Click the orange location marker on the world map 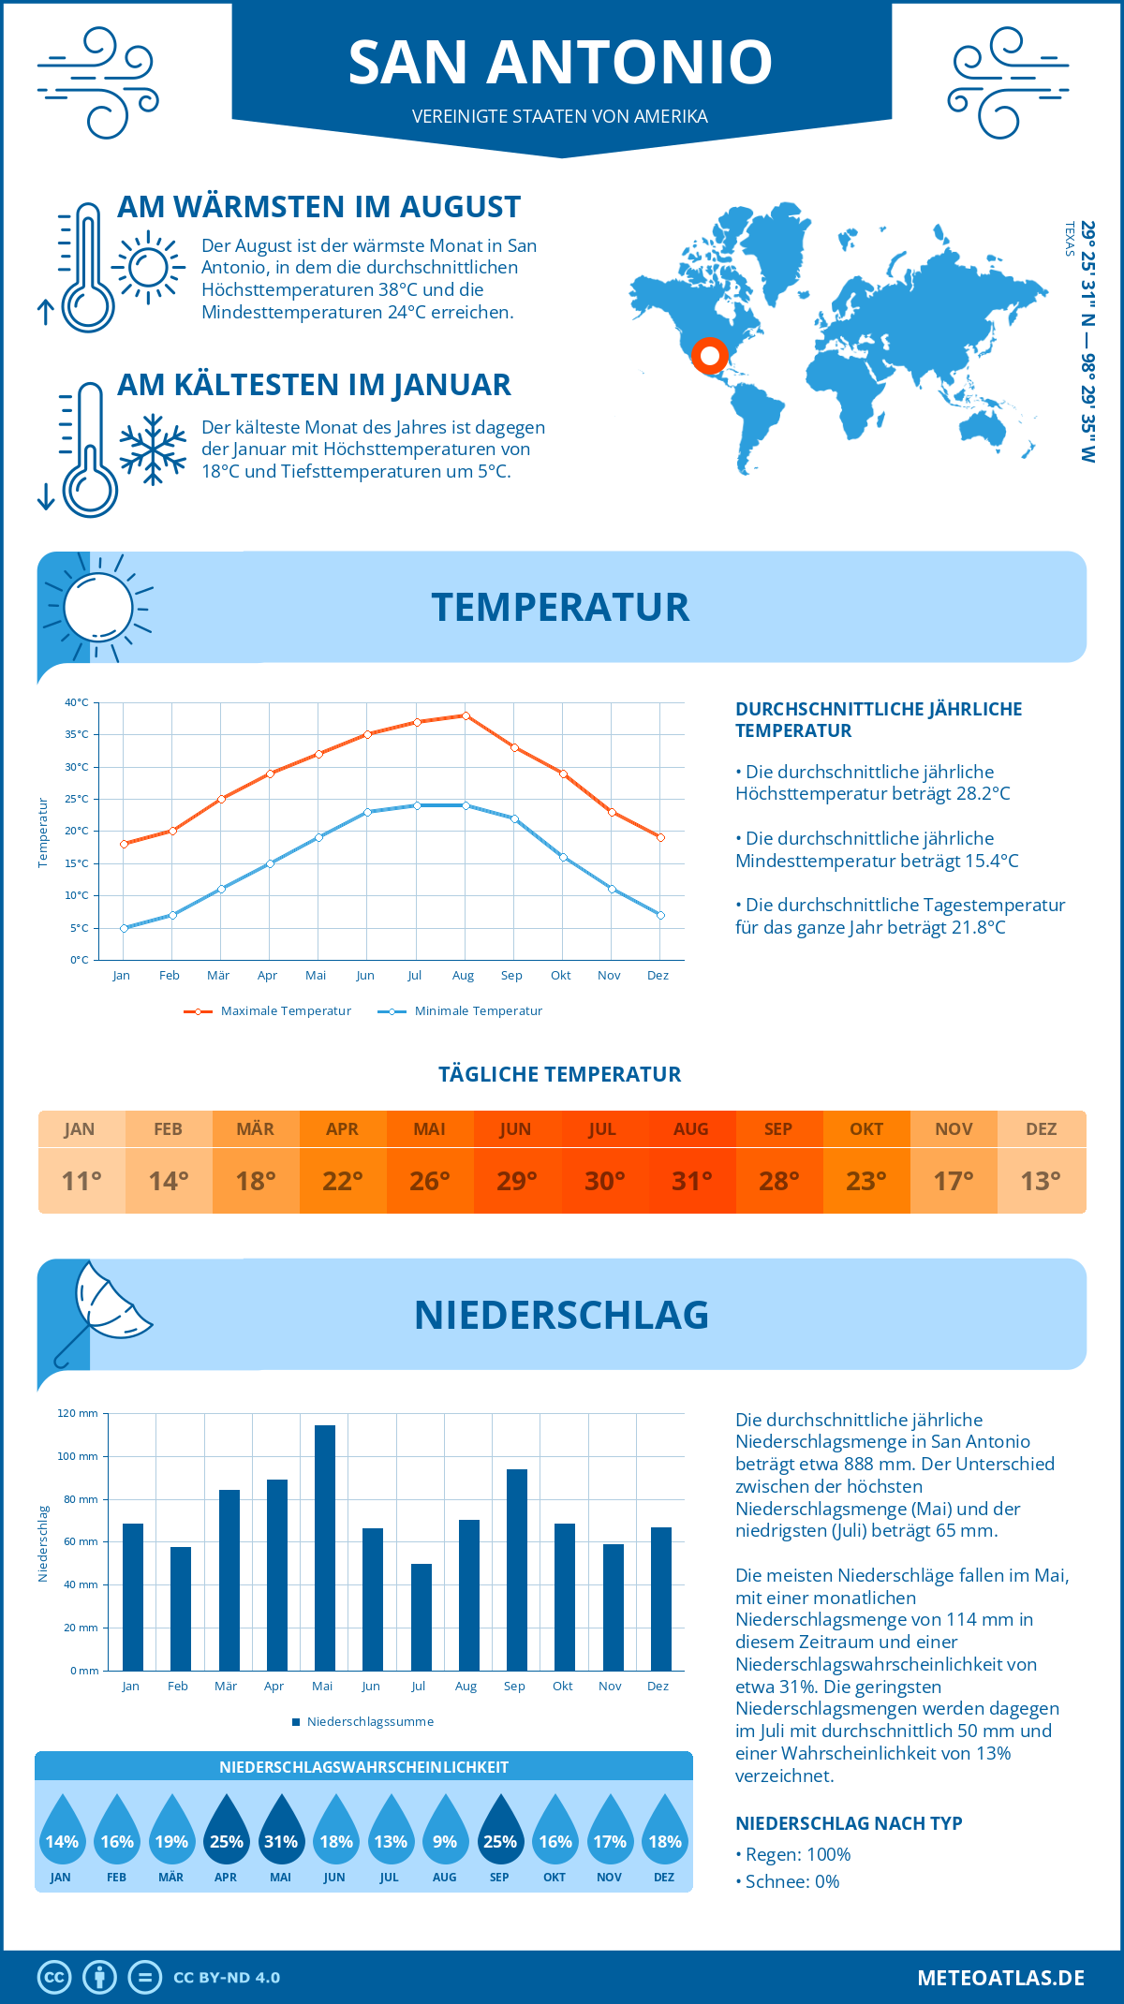click(709, 356)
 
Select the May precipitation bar click(325, 1547)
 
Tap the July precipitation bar click(421, 1616)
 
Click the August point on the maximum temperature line click(466, 715)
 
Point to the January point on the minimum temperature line click(124, 928)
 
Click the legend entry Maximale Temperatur click(268, 1011)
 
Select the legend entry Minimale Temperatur click(461, 1011)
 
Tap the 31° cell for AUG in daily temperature click(691, 1181)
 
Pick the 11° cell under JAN click(81, 1181)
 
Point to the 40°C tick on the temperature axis click(77, 702)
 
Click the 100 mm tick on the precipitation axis click(78, 1456)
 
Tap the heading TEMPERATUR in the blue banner click(560, 607)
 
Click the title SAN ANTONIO click(560, 63)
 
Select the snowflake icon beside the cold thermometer click(153, 449)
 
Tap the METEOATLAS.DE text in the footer click(1000, 1978)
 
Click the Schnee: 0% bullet click(788, 1881)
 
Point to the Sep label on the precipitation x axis click(514, 1686)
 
